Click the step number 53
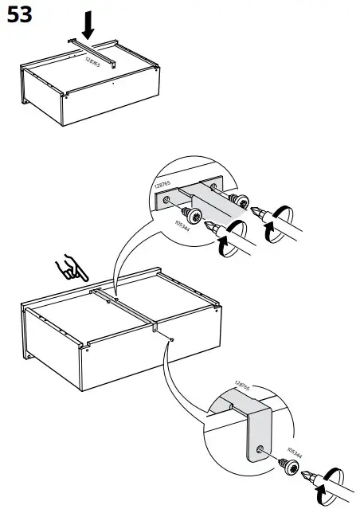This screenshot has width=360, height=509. pos(19,16)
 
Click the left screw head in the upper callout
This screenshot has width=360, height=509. pos(192,213)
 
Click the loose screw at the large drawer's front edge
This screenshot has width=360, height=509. pos(172,339)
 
